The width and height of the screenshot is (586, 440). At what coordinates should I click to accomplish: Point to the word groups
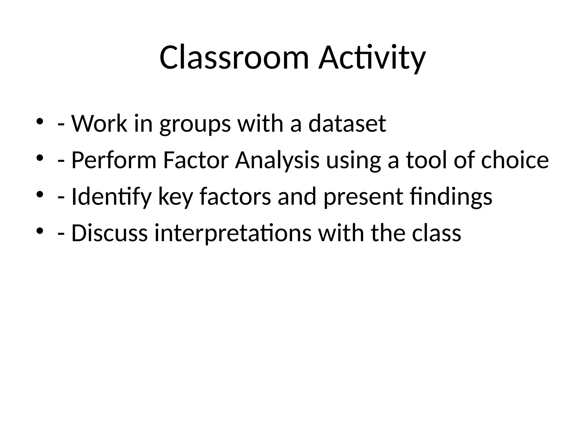[x=195, y=124]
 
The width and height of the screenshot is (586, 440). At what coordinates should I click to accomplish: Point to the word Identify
[x=111, y=197]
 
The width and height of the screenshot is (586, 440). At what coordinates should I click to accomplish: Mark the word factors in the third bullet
[x=235, y=197]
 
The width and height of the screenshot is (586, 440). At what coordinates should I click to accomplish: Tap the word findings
[x=451, y=197]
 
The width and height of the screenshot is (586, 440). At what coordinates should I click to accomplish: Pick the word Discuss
[x=109, y=233]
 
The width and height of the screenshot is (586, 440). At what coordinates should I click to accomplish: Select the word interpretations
[x=233, y=233]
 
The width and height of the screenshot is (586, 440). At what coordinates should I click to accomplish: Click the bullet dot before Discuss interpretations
[x=40, y=231]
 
